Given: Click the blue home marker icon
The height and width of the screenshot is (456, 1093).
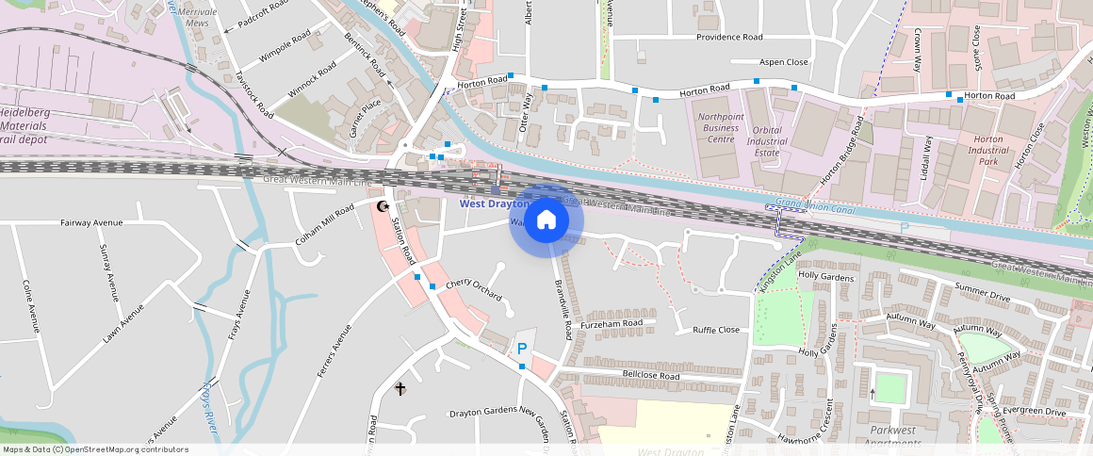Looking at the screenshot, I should pos(546,220).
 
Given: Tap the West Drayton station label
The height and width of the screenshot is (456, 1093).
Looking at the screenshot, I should pos(495,204).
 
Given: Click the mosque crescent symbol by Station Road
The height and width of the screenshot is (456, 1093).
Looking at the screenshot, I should pos(383,206).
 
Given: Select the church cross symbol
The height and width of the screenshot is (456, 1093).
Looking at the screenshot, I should pos(400,388).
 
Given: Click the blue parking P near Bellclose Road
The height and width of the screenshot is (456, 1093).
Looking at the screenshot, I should pos(521,349).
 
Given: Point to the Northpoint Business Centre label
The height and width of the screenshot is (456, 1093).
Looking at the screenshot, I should pos(721,128).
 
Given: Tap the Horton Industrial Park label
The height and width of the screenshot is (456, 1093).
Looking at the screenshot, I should pos(987,151).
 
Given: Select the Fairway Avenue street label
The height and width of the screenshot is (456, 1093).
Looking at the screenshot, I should pos(92,222).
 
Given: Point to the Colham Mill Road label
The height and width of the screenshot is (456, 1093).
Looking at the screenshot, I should pos(324,225).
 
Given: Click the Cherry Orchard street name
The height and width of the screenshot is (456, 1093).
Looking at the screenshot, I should pos(474,288).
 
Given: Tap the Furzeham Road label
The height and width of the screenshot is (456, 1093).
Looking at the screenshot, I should pos(612,323).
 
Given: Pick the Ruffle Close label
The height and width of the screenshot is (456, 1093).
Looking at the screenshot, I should pos(716,330).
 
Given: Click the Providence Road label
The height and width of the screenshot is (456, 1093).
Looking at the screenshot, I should pos(728,38).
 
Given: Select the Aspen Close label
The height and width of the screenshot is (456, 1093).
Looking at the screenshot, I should pos(783,62).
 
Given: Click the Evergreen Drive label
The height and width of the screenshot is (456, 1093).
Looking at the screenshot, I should pos(1034,412).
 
